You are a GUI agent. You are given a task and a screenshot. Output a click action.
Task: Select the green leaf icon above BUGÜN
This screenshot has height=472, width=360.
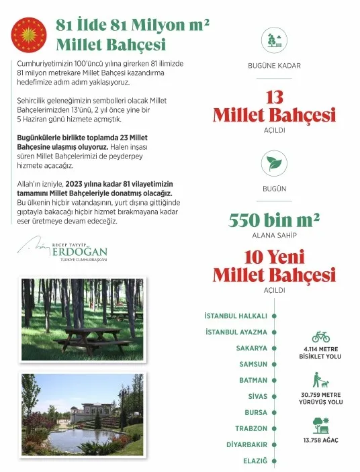273,163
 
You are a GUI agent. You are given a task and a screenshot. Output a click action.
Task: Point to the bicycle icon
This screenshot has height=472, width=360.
320,336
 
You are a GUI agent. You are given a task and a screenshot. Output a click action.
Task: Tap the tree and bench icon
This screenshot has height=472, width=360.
320,425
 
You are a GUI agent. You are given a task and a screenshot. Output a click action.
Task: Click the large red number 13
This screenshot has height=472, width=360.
274,98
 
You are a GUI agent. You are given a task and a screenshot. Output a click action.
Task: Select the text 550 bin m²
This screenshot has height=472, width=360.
274,220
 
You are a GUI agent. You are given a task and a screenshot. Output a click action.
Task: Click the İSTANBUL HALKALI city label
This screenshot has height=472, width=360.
236,316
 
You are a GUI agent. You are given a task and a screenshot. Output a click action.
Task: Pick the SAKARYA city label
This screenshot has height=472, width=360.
251,348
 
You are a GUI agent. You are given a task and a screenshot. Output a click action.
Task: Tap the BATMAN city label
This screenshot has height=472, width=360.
253,380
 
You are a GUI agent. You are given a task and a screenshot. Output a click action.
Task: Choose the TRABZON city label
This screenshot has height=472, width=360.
251,428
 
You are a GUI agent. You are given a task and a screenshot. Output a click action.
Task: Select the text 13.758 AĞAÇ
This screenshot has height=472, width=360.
320,440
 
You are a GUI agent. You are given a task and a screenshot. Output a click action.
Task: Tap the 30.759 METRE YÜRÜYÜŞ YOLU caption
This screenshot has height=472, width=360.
320,399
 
